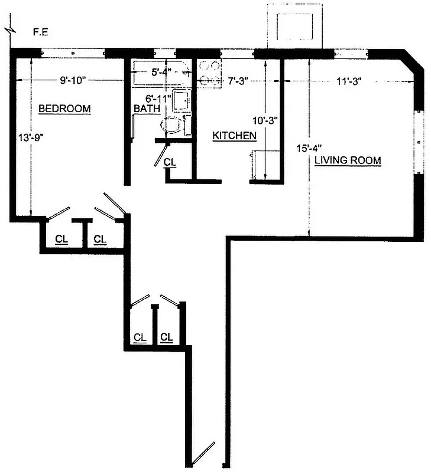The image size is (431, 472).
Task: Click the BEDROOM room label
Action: [x=64, y=109]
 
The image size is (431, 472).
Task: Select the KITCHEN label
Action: [x=234, y=136]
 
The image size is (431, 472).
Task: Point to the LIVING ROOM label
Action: [x=348, y=160]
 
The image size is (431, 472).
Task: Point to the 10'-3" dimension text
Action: [x=265, y=120]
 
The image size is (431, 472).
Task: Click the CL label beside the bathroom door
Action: [x=170, y=162]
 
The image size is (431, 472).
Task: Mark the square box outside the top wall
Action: [x=293, y=25]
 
